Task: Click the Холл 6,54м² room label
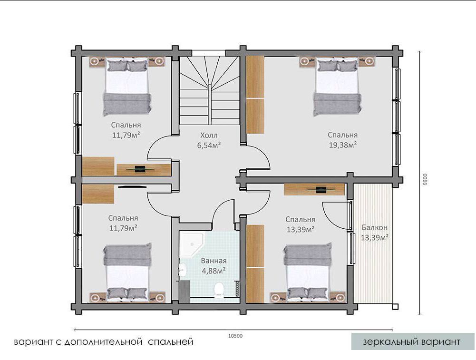point(209,140)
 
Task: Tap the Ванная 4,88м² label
point(214,265)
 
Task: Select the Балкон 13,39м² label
point(375,233)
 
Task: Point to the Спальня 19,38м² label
point(343,140)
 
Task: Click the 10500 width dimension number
point(235,336)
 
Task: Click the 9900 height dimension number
point(425,180)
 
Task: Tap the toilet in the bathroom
point(219,290)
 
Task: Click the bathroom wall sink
point(182,270)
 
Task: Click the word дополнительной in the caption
point(104,342)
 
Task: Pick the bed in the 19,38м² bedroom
point(338,88)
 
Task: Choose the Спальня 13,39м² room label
point(300,224)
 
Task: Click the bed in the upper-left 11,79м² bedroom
point(127,88)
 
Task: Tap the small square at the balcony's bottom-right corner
point(395,307)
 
